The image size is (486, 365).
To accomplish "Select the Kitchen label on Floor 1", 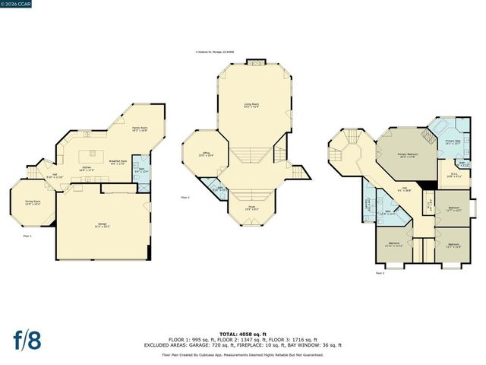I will click(x=87, y=168).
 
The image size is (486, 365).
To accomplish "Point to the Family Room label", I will click(x=140, y=129).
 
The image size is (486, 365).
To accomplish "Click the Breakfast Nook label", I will click(x=117, y=162).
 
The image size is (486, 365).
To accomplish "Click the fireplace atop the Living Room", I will click(x=254, y=62).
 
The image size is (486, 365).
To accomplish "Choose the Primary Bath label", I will click(x=453, y=142).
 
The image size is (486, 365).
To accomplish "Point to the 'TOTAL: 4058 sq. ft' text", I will click(x=243, y=334).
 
